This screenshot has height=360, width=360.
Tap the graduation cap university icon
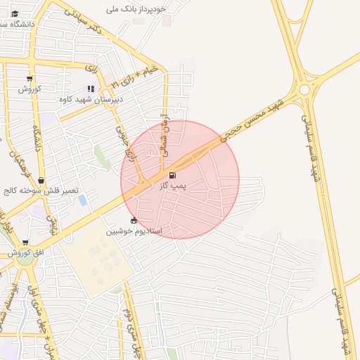tap(15, 13)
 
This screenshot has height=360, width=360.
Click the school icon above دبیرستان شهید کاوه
tap(90, 89)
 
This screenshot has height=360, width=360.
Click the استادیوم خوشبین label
tap(134, 231)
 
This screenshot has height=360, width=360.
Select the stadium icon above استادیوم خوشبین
tap(134, 220)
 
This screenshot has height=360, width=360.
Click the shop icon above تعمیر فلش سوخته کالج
tap(41, 181)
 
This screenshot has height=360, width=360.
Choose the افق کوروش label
tap(26, 252)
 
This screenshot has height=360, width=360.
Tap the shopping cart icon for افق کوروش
tap(25, 243)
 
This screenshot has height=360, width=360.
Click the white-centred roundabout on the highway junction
tap(304, 90)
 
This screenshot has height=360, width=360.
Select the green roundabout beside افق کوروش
tap(26, 259)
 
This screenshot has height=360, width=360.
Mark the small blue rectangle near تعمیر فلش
tap(83, 200)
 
